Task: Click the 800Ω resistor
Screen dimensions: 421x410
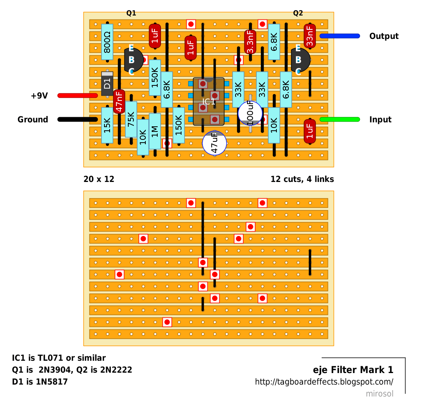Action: point(107,42)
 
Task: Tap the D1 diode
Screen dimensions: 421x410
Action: point(107,83)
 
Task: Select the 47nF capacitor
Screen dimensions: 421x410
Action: point(119,101)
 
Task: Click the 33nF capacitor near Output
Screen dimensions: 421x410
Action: point(310,36)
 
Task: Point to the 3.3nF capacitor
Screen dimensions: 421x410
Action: point(250,42)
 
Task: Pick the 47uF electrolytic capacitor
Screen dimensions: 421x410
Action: point(214,143)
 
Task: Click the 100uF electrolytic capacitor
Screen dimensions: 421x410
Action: point(250,113)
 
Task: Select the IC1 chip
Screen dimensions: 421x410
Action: point(209,101)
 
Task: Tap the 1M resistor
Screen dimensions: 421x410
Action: point(155,131)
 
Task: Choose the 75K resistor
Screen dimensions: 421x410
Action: point(131,119)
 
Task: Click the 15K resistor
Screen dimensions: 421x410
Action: point(107,126)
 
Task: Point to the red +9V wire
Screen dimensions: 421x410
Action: point(77,96)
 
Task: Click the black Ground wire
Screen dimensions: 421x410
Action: point(77,120)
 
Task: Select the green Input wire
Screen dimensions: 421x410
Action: point(340,120)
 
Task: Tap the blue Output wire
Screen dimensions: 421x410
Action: point(340,36)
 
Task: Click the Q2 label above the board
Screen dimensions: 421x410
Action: point(298,13)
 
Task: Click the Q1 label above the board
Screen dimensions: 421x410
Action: point(131,13)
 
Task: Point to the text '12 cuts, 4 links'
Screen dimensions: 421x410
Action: point(302,179)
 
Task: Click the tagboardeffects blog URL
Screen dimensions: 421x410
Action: point(324,382)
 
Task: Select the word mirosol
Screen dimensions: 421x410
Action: point(380,394)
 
